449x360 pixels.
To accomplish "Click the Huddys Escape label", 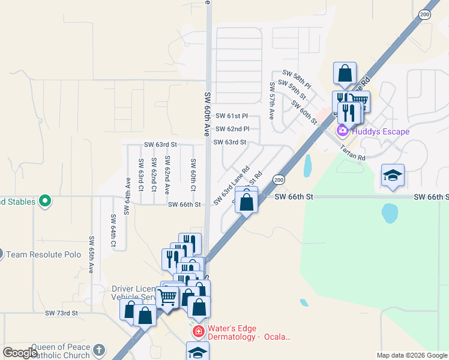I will (380, 131).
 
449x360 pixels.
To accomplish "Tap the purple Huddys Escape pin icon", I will (343, 131).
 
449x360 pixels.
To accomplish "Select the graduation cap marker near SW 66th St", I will (393, 175).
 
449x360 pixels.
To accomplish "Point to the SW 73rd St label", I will (62, 313).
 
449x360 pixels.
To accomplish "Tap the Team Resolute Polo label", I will (43, 254).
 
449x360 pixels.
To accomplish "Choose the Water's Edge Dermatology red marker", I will (198, 331).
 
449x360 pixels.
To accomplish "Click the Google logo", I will (20, 353).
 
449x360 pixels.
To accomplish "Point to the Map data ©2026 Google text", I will (411, 355).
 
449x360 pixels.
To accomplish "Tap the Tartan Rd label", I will (352, 152).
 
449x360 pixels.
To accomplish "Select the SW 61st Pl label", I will (231, 116).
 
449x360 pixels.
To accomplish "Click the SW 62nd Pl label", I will (231, 129).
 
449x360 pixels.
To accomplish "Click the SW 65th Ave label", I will (91, 254).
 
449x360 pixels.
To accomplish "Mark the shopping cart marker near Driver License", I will (167, 296).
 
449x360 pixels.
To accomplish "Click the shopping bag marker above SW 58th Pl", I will (345, 74).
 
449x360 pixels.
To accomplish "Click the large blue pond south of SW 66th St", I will (390, 212).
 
